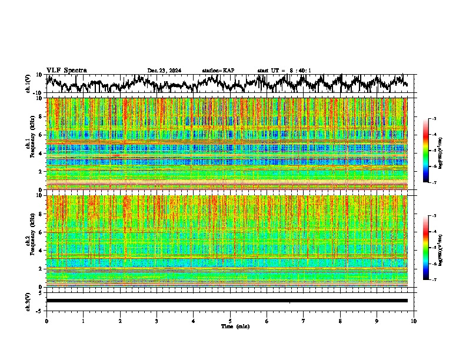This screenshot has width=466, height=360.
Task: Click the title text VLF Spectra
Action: tap(66, 70)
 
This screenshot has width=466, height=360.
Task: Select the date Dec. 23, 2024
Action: tap(164, 71)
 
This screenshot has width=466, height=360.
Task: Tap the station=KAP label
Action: tap(218, 71)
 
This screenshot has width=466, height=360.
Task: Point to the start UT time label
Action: tap(284, 71)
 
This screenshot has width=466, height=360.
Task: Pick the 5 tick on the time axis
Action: tap(230, 321)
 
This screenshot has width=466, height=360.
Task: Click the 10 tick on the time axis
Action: tap(414, 321)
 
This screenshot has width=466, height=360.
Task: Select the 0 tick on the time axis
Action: tap(46, 321)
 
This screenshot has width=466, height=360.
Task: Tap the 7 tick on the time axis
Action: tap(304, 321)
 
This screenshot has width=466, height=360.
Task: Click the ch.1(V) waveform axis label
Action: tap(28, 84)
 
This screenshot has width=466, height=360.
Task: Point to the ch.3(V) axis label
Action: tap(28, 301)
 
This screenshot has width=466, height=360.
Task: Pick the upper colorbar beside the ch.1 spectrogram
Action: tap(427, 151)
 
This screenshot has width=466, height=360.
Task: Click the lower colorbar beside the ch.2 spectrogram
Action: tap(427, 248)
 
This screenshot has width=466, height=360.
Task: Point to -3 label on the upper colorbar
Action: tap(435, 119)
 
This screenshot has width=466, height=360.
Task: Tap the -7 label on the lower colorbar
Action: tap(435, 279)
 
